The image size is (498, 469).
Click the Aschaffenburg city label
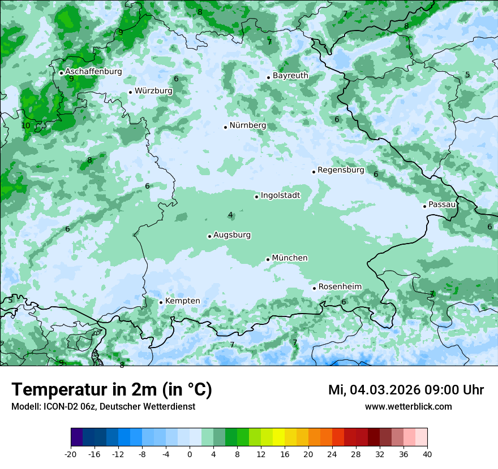(x=93, y=72)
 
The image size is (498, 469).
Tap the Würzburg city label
(x=153, y=90)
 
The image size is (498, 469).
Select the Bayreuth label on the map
(x=290, y=76)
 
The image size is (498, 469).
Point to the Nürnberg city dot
(x=225, y=127)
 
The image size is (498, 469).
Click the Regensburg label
(x=341, y=170)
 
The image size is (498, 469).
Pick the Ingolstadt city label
(x=280, y=196)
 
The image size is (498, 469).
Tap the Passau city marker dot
(x=424, y=206)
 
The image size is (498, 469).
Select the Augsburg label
(x=232, y=235)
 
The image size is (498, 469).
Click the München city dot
(x=268, y=259)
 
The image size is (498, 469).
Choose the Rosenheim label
(x=340, y=287)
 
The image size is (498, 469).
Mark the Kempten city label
(x=182, y=301)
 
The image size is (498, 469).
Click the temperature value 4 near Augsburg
(x=230, y=215)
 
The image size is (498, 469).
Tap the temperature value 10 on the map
(x=25, y=126)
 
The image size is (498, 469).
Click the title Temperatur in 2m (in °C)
(x=111, y=390)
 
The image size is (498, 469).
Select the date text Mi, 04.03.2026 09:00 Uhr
(x=406, y=390)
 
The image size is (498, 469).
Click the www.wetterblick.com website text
(x=408, y=407)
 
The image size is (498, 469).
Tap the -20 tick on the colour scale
(x=71, y=454)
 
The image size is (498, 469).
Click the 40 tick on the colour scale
(x=427, y=454)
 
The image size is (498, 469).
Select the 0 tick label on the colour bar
(x=190, y=454)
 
